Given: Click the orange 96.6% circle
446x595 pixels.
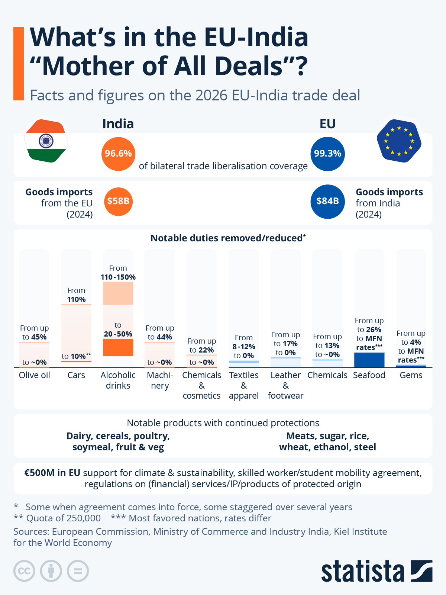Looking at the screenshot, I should tap(118, 154).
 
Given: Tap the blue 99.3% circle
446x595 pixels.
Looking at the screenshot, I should tap(327, 154).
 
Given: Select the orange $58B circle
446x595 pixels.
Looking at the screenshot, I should tap(118, 201).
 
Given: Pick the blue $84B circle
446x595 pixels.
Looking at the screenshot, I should tap(327, 201).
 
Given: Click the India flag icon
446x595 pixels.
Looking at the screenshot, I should tap(46, 141).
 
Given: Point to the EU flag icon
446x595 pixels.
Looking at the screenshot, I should tap(399, 141).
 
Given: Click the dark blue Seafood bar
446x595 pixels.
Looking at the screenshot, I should tap(369, 360).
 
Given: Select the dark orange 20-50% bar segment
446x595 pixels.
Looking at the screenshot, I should tap(118, 347).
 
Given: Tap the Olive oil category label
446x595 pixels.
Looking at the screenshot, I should tap(34, 375).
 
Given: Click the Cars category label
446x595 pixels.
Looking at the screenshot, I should tap(76, 375).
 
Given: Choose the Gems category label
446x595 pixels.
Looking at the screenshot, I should tap(411, 375).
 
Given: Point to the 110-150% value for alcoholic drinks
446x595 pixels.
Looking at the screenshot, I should tap(118, 277).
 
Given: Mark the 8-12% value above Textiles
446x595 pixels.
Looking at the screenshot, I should tap(243, 347).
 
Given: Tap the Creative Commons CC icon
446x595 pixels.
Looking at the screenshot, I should tap(24, 571).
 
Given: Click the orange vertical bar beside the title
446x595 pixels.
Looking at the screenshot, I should tap(19, 64).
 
